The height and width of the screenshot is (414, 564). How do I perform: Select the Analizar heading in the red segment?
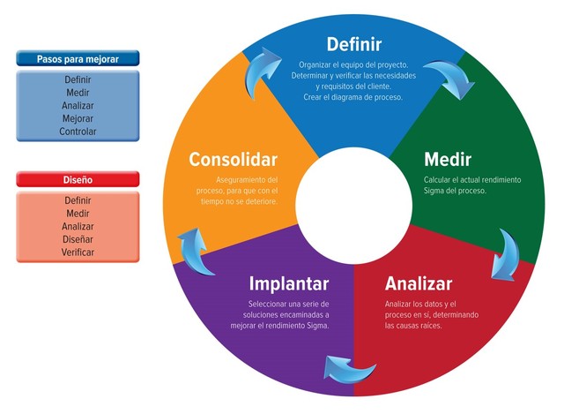point(418,283)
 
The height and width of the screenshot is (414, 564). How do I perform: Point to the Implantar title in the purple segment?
point(289,283)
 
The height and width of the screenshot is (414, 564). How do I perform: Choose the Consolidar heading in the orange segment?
point(234,160)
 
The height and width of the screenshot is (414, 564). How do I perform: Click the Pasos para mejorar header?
point(78,59)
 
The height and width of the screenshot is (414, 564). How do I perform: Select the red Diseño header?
point(78,180)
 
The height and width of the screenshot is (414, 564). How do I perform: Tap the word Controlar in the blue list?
point(78,132)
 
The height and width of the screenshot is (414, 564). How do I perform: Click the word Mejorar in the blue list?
point(78,118)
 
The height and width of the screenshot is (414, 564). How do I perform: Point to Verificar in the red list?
point(78,252)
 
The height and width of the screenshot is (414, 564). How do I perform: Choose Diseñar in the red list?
point(78,239)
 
